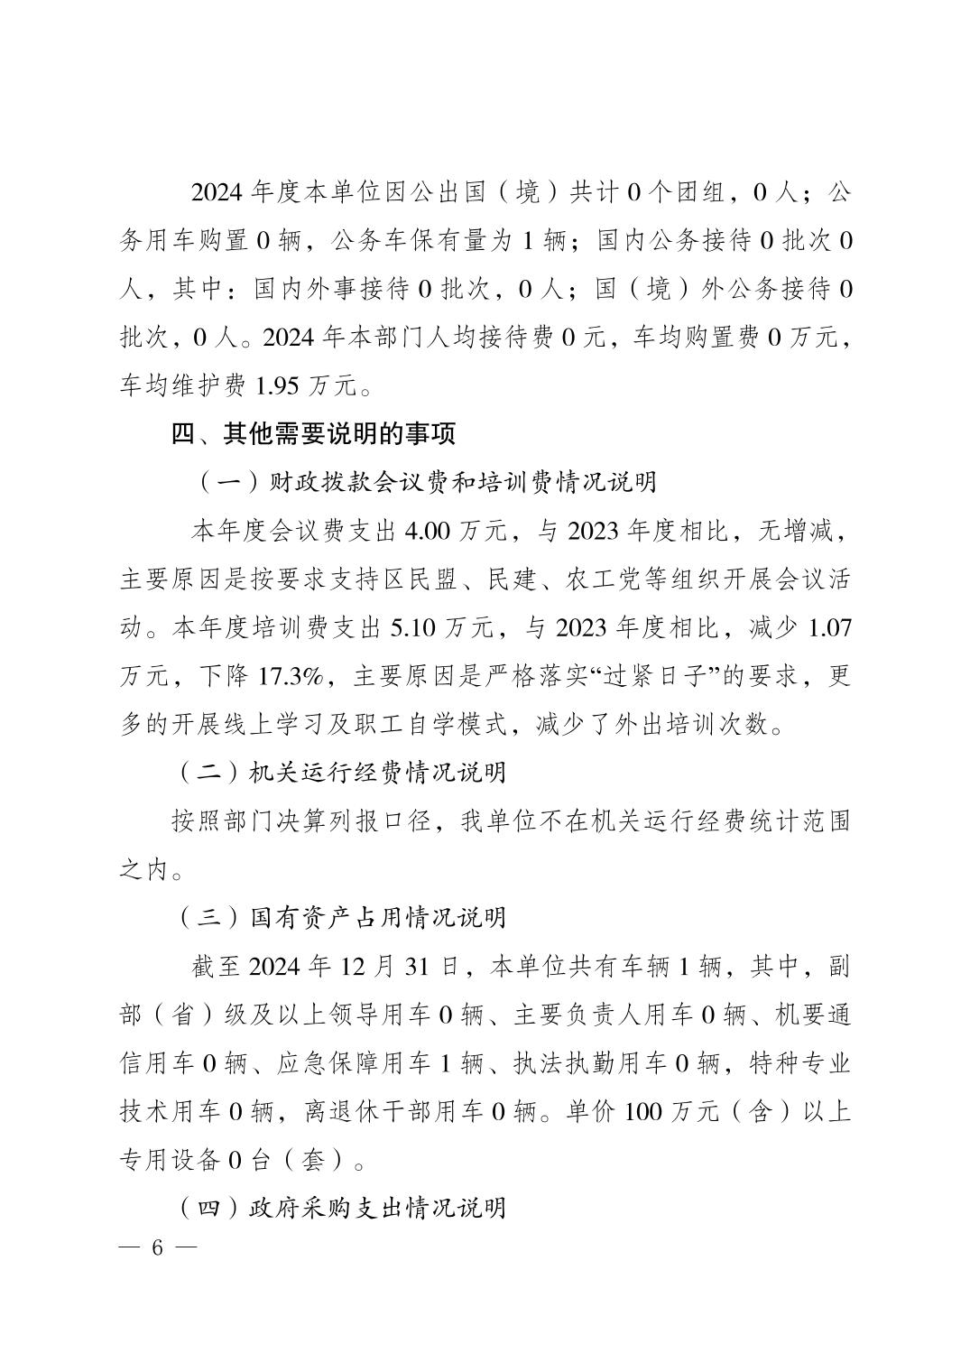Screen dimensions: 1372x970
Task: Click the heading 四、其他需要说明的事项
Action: tap(313, 434)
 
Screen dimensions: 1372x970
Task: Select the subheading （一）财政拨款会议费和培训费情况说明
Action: tap(427, 482)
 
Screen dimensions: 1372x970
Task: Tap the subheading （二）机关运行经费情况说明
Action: tap(340, 773)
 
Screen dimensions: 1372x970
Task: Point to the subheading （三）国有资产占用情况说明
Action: tap(340, 918)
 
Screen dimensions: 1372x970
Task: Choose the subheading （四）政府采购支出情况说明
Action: tap(340, 1208)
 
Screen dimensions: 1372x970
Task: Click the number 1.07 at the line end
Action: tap(830, 627)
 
